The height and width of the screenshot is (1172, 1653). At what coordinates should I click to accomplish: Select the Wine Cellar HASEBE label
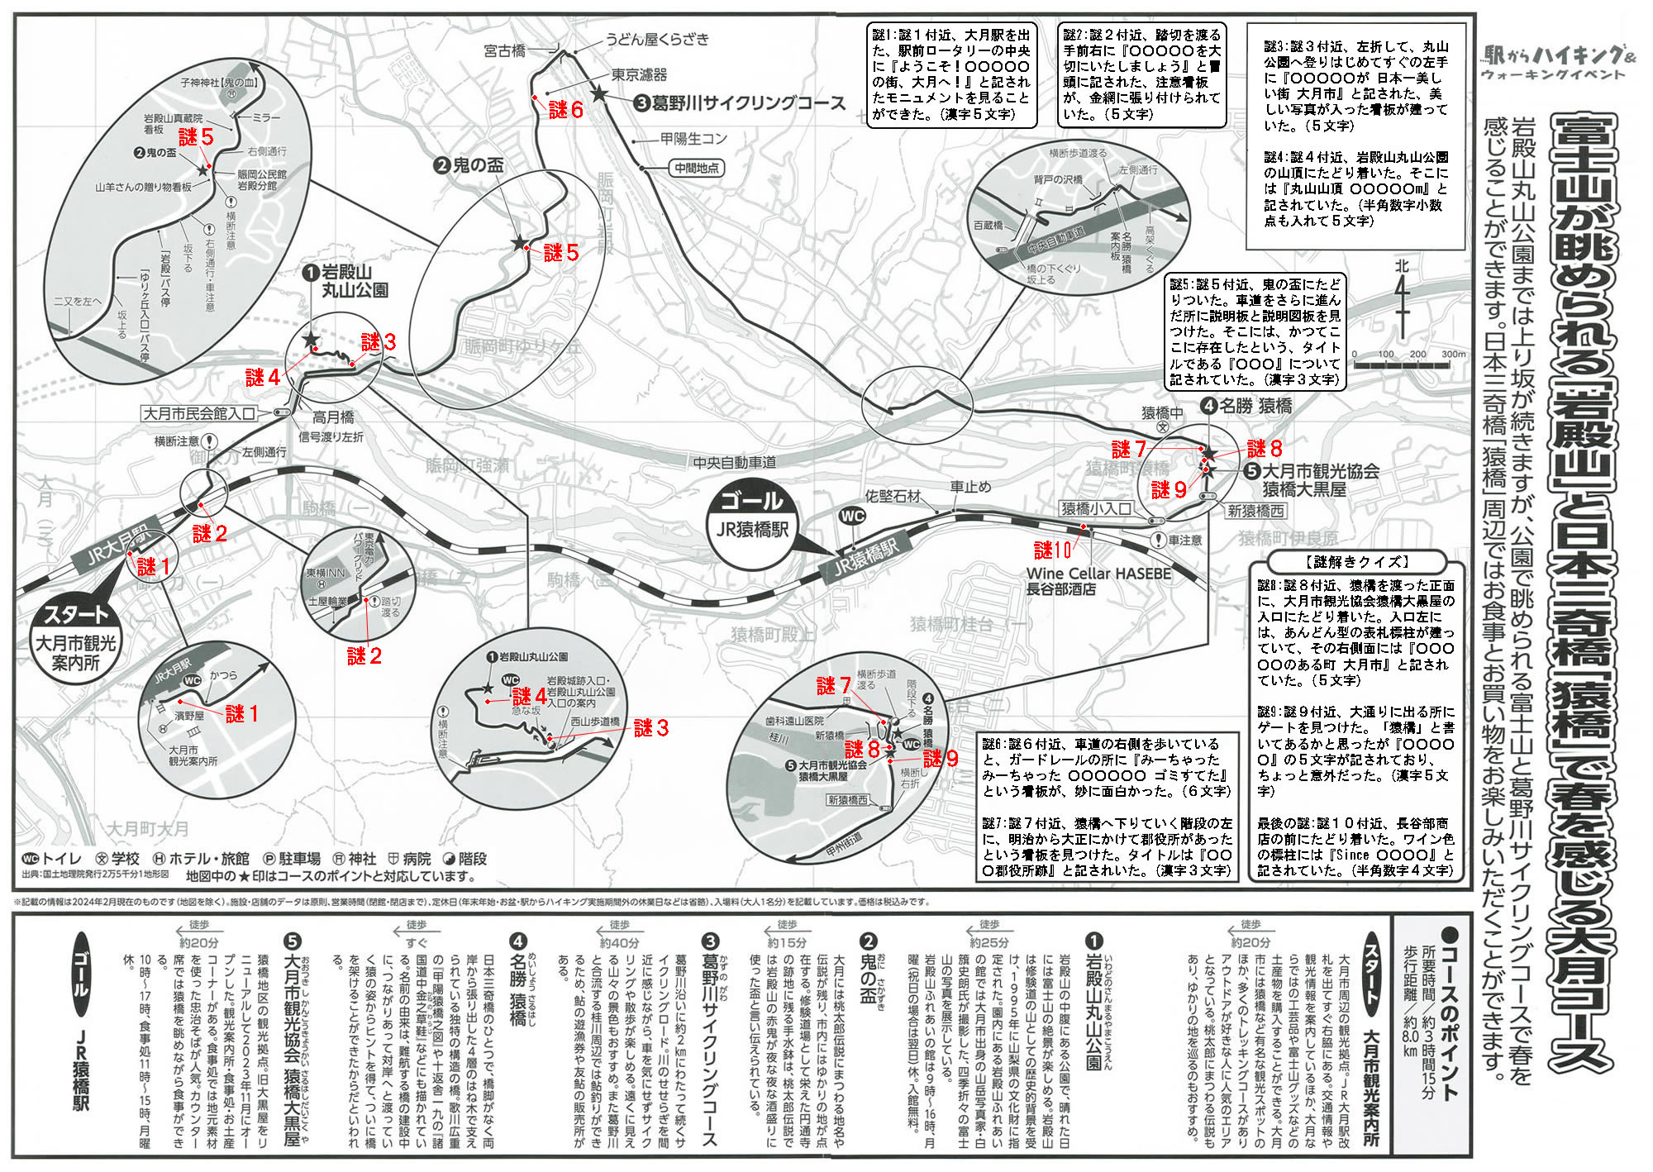[1098, 574]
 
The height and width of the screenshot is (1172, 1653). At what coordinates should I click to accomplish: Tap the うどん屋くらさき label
[657, 39]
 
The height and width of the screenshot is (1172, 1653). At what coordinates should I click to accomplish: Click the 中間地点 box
[696, 168]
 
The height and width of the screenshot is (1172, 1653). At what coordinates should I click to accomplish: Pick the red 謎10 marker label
[1052, 550]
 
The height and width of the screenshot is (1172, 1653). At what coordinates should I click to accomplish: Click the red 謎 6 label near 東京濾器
[566, 110]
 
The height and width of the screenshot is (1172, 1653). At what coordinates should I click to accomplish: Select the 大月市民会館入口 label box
[200, 413]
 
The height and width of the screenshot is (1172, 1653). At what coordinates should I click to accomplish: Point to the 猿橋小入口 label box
[1097, 509]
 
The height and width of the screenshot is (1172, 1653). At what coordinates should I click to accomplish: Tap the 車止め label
[970, 487]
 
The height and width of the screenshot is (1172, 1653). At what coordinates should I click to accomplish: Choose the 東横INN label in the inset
[325, 573]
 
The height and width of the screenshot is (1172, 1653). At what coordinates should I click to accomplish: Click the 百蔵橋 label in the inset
[988, 225]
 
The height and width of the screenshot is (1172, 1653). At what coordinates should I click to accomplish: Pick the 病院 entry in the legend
[412, 859]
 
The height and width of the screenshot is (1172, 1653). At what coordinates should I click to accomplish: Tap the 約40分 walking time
[619, 942]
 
